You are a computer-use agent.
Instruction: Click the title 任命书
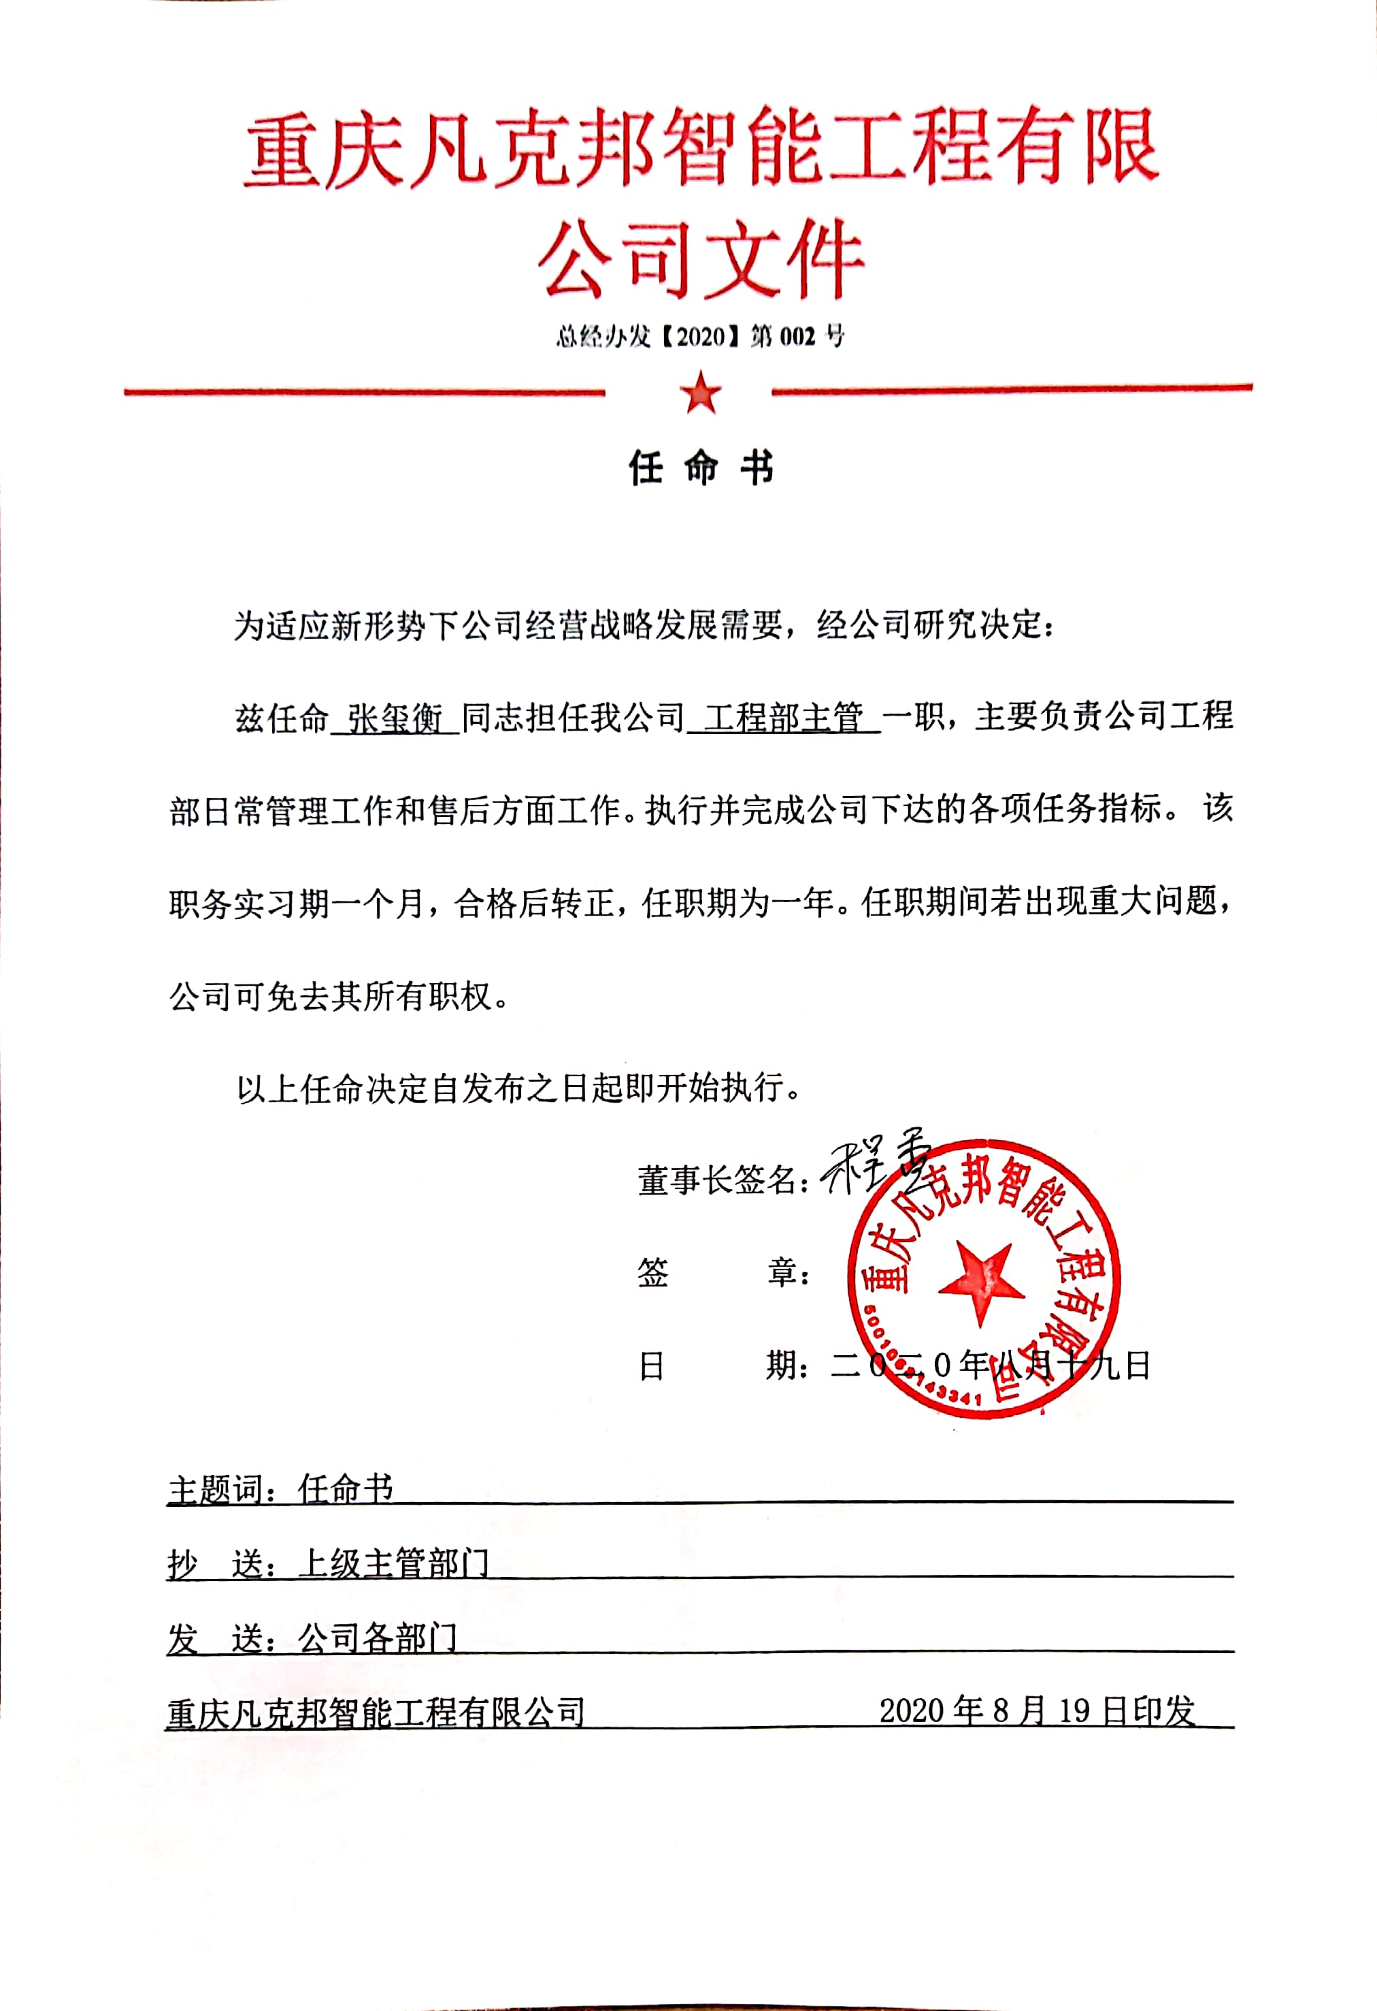coord(700,468)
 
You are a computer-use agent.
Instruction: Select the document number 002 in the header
coord(797,337)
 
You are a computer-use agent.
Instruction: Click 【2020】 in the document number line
coord(699,337)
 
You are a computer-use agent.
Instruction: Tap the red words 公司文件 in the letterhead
coord(700,259)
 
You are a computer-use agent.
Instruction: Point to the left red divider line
coord(363,392)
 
